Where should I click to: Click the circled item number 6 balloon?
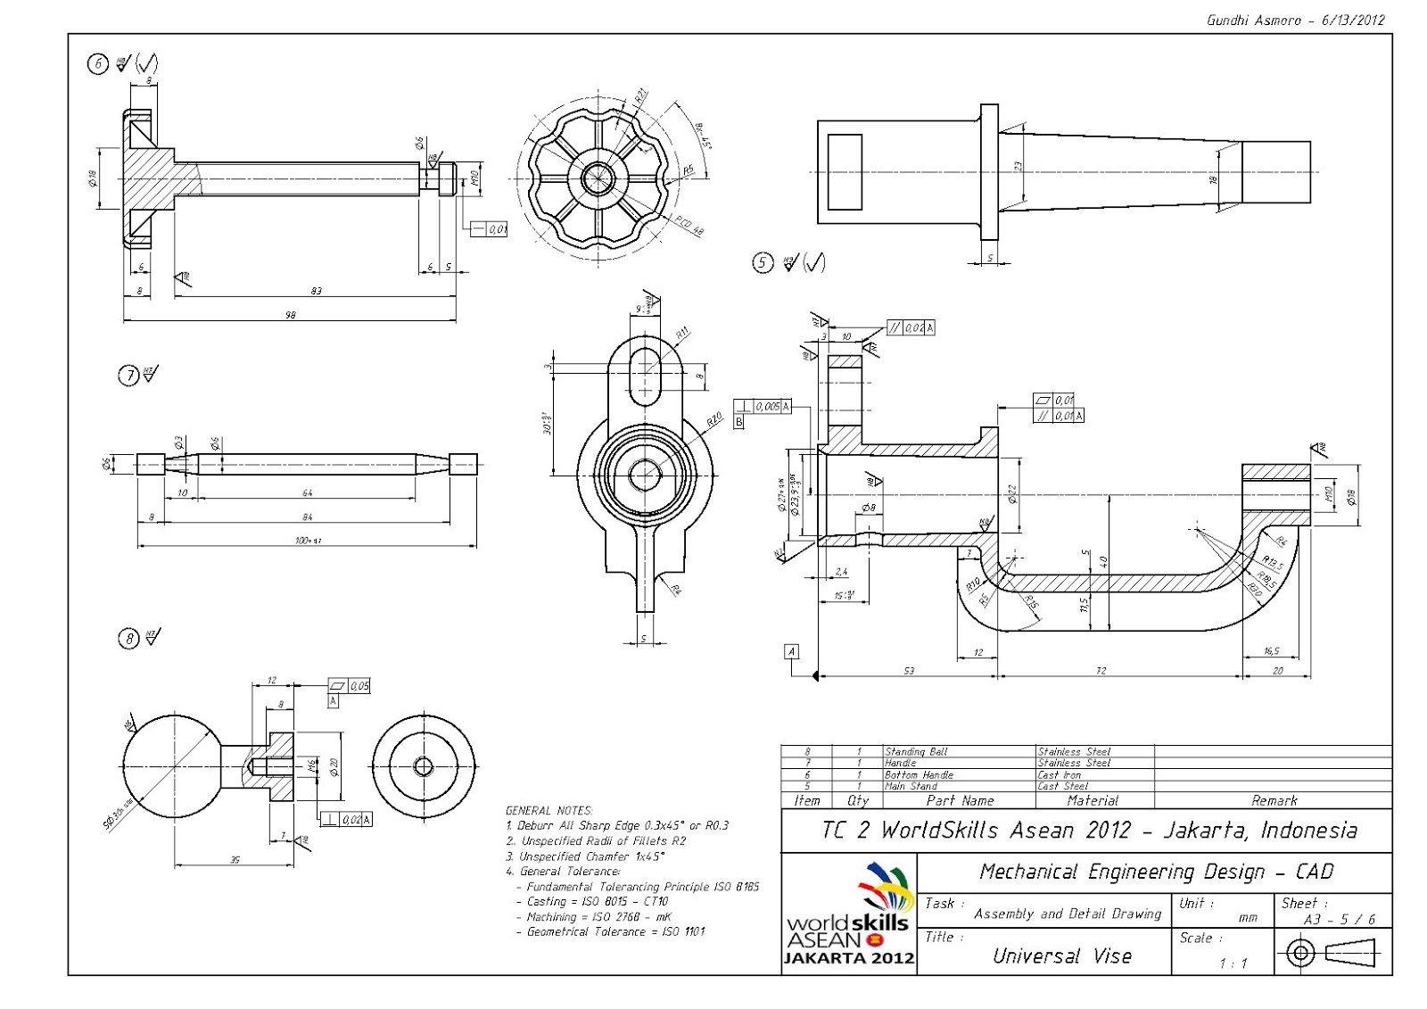[97, 63]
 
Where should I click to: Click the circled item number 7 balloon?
[128, 376]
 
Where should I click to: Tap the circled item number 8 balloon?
[128, 639]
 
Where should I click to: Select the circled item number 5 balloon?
[763, 263]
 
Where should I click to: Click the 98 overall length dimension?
[290, 314]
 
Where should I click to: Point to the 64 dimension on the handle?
[308, 492]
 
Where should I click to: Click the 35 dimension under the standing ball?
[235, 860]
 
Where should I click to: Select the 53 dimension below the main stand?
[908, 670]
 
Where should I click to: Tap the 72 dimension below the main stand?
[1101, 670]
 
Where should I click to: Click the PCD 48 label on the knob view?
[689, 226]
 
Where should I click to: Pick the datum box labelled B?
[738, 422]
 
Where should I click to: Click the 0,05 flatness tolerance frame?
[350, 686]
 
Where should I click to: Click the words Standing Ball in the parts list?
[915, 752]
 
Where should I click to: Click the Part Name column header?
[960, 800]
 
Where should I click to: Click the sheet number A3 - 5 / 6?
[1340, 920]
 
